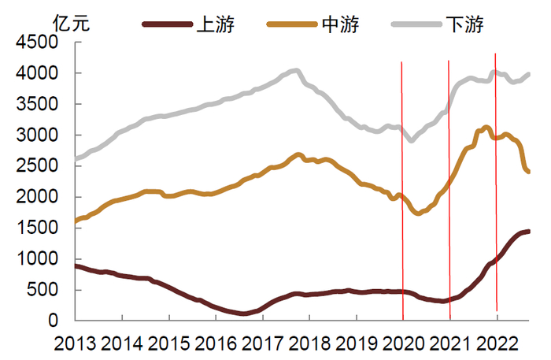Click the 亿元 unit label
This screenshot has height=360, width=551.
coord(71,24)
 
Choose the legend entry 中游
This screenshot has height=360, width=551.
coord(341,24)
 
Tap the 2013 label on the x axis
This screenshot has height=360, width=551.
coord(76,343)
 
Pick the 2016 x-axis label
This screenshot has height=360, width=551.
coord(216,343)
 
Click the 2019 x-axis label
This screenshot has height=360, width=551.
coord(357,343)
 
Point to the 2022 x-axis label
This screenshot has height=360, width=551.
coord(497,343)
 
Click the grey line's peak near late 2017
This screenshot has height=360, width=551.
coord(294,71)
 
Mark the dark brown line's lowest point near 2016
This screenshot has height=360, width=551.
coord(244,314)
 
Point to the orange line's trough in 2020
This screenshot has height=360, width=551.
coord(418,213)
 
